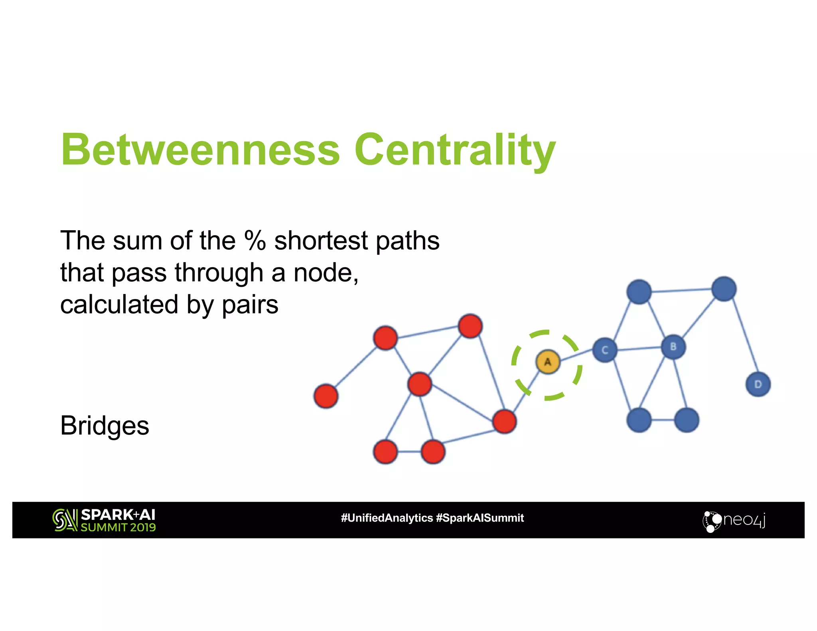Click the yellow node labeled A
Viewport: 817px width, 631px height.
coord(548,362)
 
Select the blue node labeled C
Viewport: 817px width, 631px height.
coord(605,350)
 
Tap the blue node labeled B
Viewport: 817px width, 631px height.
coord(673,347)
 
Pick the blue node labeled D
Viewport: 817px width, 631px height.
coord(758,384)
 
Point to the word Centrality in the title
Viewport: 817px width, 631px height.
coord(455,150)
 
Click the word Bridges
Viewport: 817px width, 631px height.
coord(105,425)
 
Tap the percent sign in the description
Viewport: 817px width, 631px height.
coord(255,241)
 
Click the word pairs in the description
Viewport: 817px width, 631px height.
coord(250,305)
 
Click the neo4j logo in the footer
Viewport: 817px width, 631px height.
coord(734,520)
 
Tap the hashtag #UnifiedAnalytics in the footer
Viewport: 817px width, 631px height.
coord(387,518)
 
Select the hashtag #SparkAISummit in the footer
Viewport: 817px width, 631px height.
coord(480,518)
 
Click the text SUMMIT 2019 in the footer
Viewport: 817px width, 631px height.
coord(118,527)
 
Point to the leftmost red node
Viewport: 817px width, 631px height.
coord(326,396)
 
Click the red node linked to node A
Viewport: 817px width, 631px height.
coord(505,422)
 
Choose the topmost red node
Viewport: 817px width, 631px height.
coord(470,326)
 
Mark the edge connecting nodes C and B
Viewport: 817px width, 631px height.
coord(639,349)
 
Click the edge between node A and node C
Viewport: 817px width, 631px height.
coord(576,355)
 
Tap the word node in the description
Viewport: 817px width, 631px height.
coord(322,273)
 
